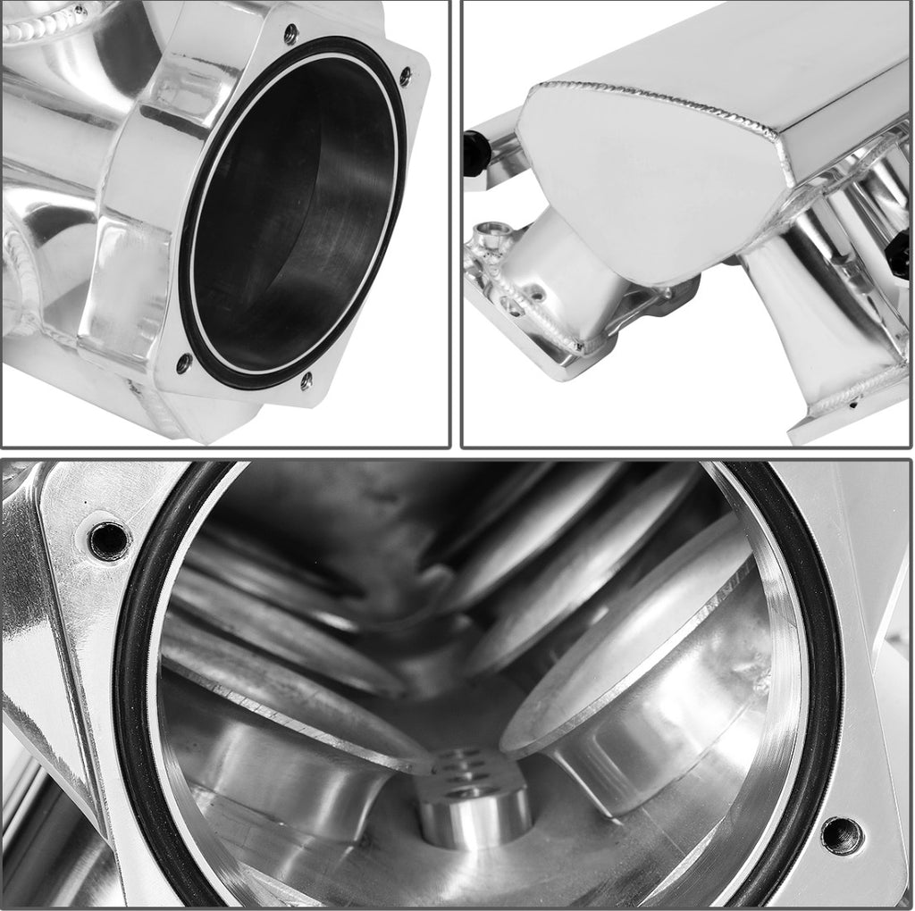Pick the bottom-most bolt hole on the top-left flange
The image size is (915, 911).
pyautogui.click(x=306, y=380)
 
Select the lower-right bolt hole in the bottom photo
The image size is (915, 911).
pyautogui.click(x=842, y=835)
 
